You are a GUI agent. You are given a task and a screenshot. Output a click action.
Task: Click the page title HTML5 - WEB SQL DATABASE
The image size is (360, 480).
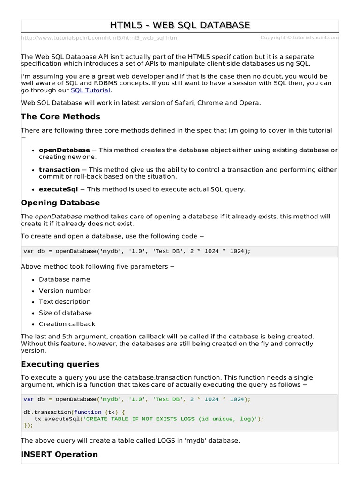[x=180, y=25]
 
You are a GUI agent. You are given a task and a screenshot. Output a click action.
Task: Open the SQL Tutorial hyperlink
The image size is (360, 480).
[x=90, y=90]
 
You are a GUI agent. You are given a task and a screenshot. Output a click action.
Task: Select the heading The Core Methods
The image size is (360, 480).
[x=60, y=117]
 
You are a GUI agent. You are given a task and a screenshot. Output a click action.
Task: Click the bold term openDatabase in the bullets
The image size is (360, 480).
[x=64, y=150]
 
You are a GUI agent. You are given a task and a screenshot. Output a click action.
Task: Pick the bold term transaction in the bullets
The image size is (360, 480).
[x=59, y=170]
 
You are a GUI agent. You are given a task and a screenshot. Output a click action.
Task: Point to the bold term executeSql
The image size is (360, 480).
[x=59, y=189]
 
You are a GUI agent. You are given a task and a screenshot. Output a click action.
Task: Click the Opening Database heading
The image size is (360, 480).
[x=60, y=203]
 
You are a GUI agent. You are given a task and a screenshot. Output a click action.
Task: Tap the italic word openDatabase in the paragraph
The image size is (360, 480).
[x=58, y=217]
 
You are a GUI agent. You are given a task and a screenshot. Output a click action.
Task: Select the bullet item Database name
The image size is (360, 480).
[x=64, y=279]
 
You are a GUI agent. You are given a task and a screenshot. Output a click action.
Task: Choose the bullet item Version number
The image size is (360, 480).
[x=65, y=291]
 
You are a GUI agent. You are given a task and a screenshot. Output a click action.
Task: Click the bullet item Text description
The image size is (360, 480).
[x=65, y=302]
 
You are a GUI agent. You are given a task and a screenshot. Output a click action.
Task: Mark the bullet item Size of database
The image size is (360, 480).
[x=65, y=313]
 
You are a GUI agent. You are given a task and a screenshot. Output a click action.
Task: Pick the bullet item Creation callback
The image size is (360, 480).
[x=67, y=324]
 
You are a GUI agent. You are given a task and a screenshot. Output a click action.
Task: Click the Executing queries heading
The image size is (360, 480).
[x=60, y=364]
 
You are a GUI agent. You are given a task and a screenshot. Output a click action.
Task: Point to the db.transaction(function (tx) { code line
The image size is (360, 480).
[x=74, y=412]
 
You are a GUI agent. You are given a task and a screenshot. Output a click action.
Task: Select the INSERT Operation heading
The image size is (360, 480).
[x=60, y=454]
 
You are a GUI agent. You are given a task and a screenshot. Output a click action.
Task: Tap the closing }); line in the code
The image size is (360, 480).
[x=29, y=426]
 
